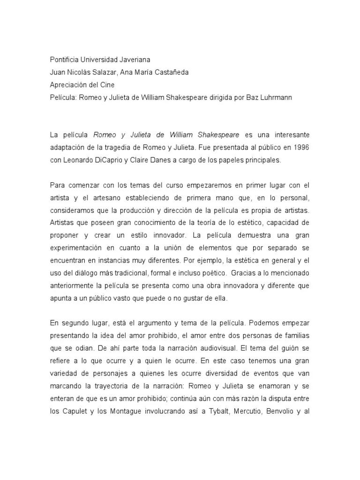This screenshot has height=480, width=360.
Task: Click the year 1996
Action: click(300, 147)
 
